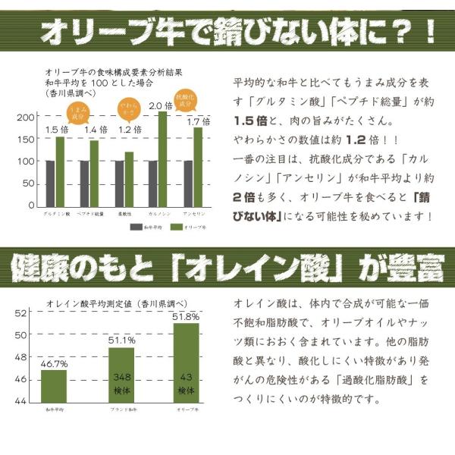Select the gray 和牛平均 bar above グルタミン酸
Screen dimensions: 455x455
[50, 183]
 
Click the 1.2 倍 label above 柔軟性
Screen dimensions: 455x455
[129, 129]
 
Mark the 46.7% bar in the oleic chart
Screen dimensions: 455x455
[53, 386]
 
